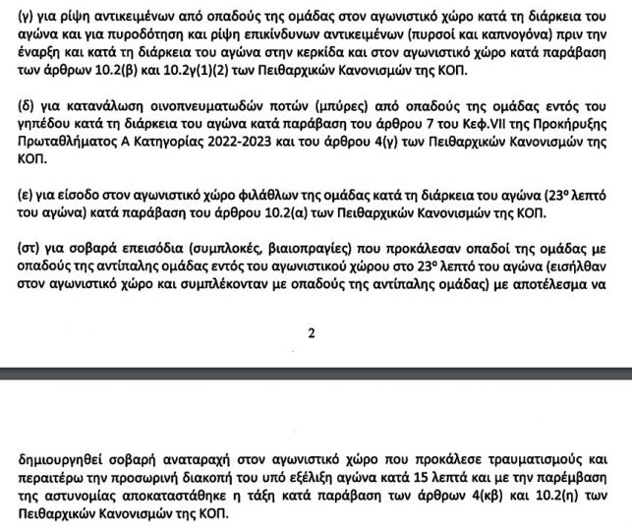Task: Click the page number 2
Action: click(313, 332)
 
